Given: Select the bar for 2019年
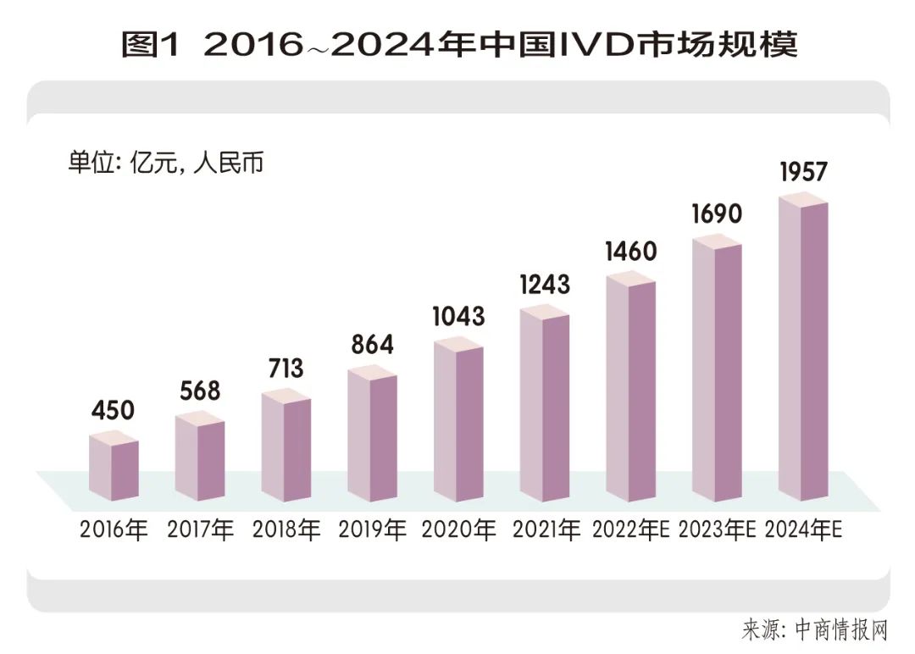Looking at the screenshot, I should (372, 437).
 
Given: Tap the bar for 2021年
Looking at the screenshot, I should (545, 407).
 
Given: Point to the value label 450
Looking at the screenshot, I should (113, 411).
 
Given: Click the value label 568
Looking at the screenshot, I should (199, 391).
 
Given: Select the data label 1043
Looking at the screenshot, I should (458, 316).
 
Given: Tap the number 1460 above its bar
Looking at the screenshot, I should (631, 252).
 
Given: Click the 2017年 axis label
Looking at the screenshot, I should (200, 530).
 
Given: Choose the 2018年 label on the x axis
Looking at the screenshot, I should (286, 530).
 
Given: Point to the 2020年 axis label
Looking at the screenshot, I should (458, 530).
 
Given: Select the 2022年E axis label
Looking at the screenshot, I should (632, 530).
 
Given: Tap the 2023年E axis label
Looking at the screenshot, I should (718, 530).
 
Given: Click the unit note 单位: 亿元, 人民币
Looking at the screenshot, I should (166, 163).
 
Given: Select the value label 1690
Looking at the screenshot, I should (717, 213).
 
